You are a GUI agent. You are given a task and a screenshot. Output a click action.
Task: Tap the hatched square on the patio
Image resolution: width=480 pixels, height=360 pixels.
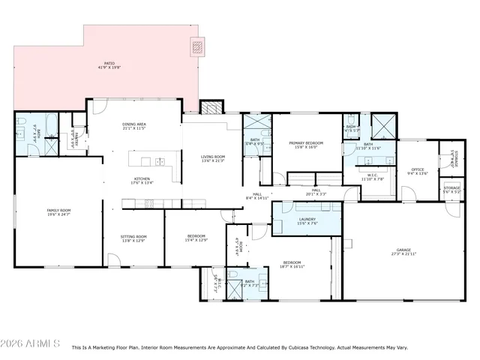pos(198,46)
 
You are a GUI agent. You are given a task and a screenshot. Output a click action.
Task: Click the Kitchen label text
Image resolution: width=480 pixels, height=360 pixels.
pos(142,178)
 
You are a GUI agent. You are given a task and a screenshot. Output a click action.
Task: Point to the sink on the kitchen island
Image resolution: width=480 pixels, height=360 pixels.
pos(160,161)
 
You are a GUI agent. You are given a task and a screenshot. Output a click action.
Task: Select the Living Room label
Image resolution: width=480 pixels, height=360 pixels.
pos(212,157)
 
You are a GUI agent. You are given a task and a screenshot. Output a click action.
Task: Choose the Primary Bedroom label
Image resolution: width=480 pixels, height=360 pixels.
pos(306,142)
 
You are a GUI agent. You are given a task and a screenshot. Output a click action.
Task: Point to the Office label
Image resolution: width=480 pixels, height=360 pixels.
pos(417,169)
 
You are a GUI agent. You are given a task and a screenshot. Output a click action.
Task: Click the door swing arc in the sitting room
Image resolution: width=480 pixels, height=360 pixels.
pos(113,260)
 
